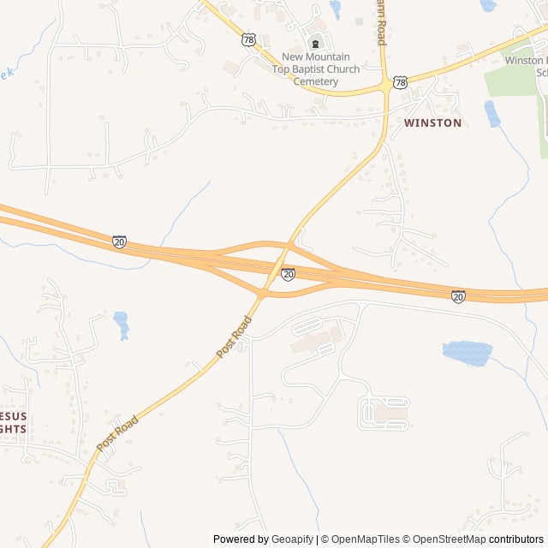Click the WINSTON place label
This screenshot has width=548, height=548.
coord(432,123)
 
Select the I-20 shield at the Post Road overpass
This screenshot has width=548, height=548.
coord(288,274)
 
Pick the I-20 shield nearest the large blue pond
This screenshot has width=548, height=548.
coord(459,296)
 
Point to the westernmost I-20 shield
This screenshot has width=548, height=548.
coord(119,242)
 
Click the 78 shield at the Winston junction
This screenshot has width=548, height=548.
coord(400,82)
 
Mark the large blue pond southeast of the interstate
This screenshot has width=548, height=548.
coord(468,351)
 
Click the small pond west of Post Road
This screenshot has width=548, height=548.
coord(122,324)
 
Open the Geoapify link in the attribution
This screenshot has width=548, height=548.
coord(292,539)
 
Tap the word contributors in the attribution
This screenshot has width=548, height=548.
coord(516,539)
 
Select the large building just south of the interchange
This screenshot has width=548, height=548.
coord(313,342)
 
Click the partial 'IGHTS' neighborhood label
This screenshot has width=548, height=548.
coord(12,428)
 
